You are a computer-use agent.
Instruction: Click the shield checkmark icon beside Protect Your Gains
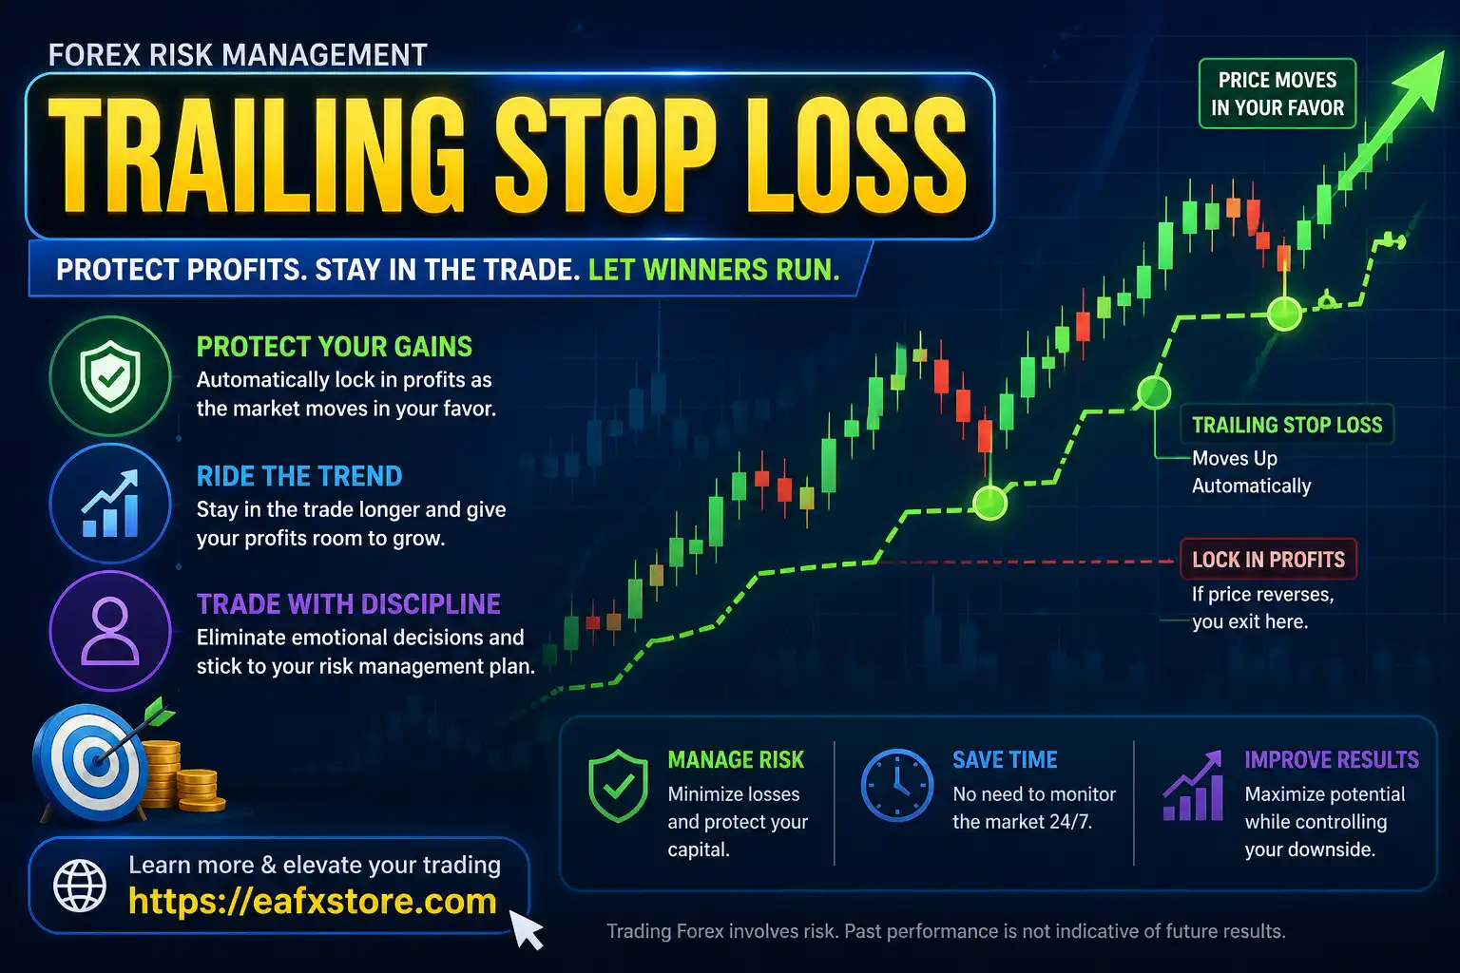(110, 376)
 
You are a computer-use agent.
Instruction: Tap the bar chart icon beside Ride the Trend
(110, 505)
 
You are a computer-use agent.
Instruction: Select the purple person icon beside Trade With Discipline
(110, 631)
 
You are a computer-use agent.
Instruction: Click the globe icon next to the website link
(80, 886)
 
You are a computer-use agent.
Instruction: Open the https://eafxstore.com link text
(312, 901)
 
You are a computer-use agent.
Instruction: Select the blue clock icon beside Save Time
(896, 786)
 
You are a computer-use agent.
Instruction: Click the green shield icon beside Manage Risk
(618, 786)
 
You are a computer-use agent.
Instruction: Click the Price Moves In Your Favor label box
(1277, 94)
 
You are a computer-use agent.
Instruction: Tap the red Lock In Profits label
(1268, 560)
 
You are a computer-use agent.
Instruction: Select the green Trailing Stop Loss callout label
(1286, 425)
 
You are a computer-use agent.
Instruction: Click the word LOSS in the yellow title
(855, 156)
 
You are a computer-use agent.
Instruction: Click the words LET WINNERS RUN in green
(714, 270)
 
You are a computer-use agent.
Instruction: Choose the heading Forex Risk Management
(238, 55)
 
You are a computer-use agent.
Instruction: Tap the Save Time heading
(1005, 760)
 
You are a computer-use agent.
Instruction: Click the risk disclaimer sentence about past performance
(946, 931)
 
